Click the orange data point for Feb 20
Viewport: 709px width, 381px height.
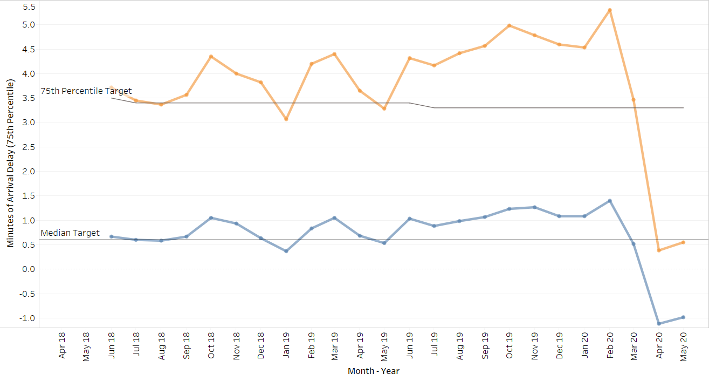click(609, 10)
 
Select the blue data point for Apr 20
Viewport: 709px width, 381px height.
click(659, 324)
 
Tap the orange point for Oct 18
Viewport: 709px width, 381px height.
click(211, 57)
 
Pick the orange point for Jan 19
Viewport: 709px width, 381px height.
click(286, 119)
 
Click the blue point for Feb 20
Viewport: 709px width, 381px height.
click(609, 201)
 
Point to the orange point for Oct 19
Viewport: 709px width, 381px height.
click(509, 25)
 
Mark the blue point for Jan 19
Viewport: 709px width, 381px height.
click(286, 251)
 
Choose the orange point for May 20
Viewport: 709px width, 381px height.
click(683, 242)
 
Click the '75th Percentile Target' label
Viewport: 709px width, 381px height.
click(86, 91)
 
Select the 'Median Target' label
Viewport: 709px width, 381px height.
click(70, 233)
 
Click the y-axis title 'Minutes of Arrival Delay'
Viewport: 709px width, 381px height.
click(11, 161)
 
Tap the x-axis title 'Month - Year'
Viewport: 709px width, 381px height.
click(374, 371)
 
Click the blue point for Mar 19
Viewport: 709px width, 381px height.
click(334, 218)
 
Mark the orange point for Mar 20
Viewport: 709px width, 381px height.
click(634, 100)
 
